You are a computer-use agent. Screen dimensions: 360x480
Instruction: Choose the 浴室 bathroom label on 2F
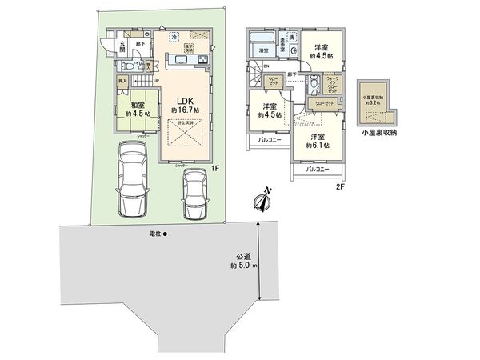262,52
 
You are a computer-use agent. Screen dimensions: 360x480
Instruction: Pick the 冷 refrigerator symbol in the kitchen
174,38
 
